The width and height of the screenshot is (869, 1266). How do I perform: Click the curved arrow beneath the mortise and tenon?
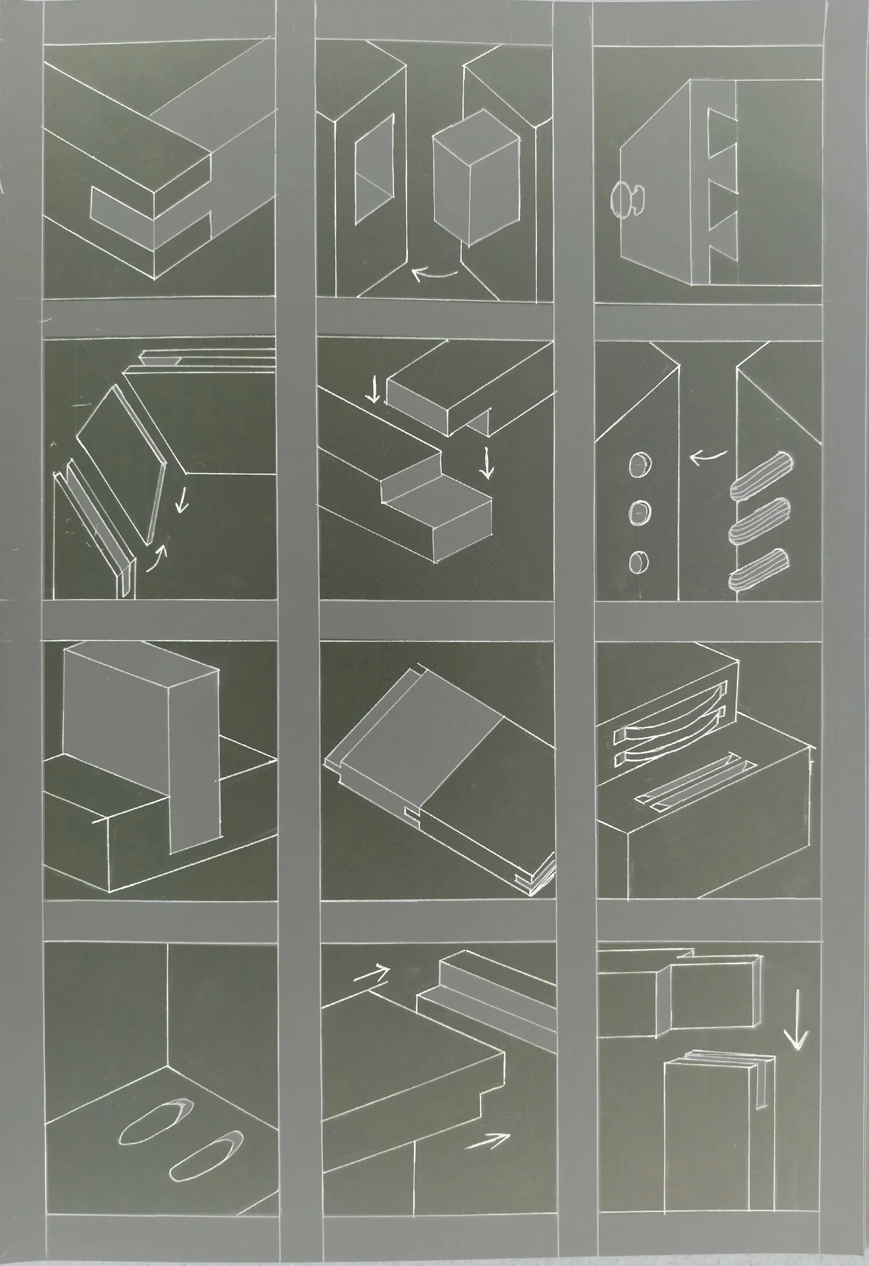pyautogui.click(x=434, y=275)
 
